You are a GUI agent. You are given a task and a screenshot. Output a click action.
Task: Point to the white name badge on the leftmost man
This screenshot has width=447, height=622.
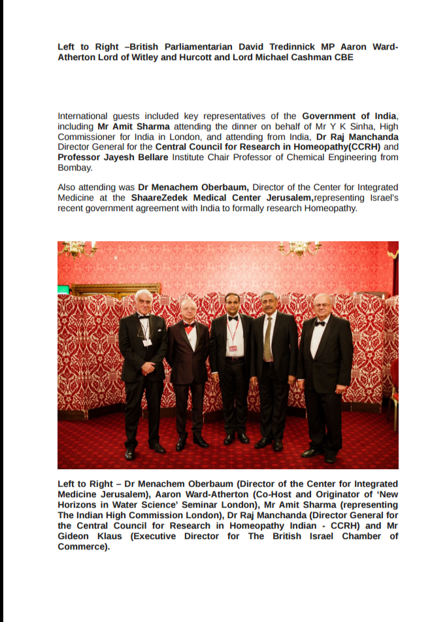(148, 342)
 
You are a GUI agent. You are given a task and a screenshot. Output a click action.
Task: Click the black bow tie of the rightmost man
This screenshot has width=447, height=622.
(320, 323)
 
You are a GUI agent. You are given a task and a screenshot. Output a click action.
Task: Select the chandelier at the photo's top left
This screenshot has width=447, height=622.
(78, 248)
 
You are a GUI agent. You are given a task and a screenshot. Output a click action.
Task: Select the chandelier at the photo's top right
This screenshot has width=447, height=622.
(299, 248)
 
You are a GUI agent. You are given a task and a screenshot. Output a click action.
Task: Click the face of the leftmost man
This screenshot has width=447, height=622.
(144, 303)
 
